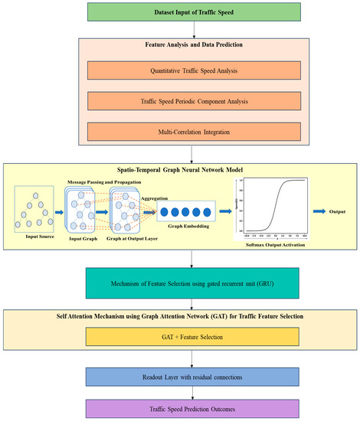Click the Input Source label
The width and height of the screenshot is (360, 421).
point(35,237)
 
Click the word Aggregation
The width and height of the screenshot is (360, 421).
point(157,197)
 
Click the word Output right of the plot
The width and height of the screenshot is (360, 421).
point(335,204)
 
